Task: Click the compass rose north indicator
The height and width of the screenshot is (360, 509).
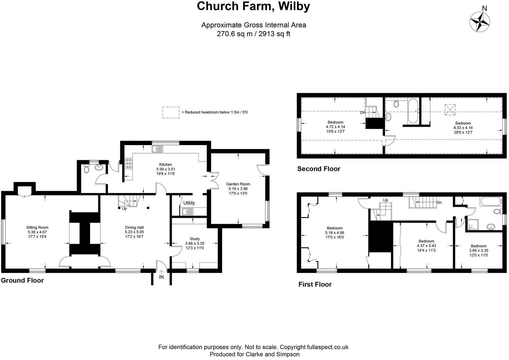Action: coord(480,21)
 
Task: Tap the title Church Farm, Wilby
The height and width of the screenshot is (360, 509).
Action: coord(253,6)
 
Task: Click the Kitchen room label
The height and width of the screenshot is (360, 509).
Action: coord(166,165)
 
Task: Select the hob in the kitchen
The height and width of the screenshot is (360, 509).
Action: coord(129,163)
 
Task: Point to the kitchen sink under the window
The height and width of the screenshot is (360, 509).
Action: coord(158,149)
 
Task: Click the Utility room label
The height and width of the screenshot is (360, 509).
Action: coord(189,203)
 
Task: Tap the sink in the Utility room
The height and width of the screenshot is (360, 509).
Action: coord(188,211)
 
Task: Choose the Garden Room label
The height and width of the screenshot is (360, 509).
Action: coord(238,184)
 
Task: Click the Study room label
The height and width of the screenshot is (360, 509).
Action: coord(195,239)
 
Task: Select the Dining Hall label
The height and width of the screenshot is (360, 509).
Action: coord(134,228)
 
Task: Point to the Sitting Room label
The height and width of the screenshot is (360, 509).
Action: coord(37,228)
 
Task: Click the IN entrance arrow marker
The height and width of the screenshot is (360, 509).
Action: coord(161,272)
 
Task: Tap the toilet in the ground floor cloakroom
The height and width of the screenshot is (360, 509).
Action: coord(86,169)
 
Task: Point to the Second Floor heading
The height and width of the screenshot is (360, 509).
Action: coord(318,169)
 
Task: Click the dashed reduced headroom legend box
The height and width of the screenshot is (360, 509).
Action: coord(171,112)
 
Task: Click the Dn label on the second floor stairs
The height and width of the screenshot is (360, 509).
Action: coord(363,112)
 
